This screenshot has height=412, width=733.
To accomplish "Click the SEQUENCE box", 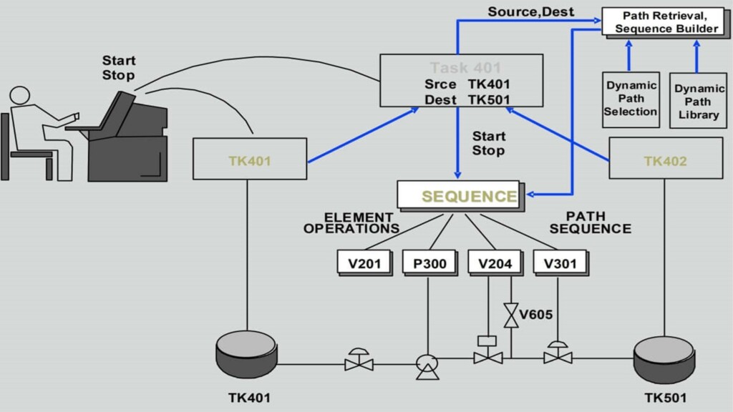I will [458, 195].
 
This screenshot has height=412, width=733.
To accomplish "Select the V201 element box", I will [364, 263].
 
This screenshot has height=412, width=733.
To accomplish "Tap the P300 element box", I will [429, 263].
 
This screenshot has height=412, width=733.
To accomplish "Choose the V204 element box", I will [495, 263].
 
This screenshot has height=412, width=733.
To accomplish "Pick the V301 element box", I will [560, 263].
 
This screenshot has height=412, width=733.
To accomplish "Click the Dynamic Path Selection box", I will [631, 99].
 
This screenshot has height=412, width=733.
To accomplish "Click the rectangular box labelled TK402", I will [665, 159].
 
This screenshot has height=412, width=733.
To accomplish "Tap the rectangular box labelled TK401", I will [249, 159].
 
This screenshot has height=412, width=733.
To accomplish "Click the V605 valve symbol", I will [511, 315].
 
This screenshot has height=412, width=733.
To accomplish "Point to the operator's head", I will [19, 96].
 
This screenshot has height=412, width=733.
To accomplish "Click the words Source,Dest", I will [530, 12].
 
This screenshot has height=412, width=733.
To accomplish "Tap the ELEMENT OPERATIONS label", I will [351, 223].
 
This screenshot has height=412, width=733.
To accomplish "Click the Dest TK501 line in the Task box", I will [467, 99].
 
